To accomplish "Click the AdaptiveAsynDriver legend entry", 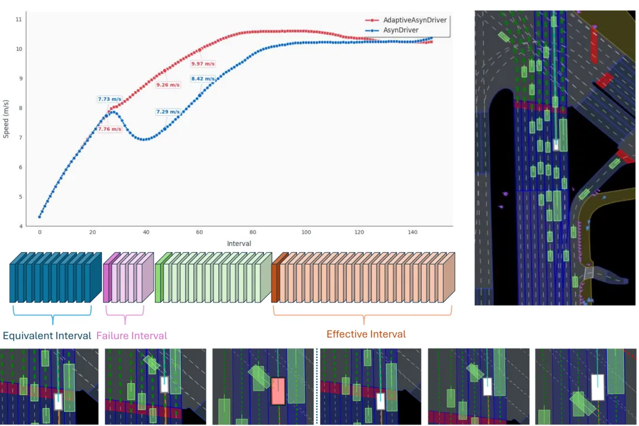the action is click(406, 20).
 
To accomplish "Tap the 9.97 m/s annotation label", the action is click(203, 63).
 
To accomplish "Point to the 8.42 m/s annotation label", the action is click(203, 79).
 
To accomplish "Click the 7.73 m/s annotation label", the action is click(109, 99).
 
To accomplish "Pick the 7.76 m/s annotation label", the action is click(109, 129).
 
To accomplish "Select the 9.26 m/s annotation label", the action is click(168, 85).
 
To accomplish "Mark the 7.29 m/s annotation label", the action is click(168, 112).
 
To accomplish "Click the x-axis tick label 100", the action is click(306, 232).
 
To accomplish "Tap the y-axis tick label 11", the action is click(19, 19).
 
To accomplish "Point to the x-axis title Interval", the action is click(239, 243).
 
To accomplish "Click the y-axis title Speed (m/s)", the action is click(6, 119).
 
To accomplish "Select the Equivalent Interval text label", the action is click(47, 335).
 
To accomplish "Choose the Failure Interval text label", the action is click(131, 335).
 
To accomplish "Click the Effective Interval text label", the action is click(366, 334).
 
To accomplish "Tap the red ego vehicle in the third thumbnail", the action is click(278, 391).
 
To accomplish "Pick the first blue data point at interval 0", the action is click(40, 217).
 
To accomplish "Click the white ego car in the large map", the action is click(556, 145).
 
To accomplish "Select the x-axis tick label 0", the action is click(40, 232).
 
